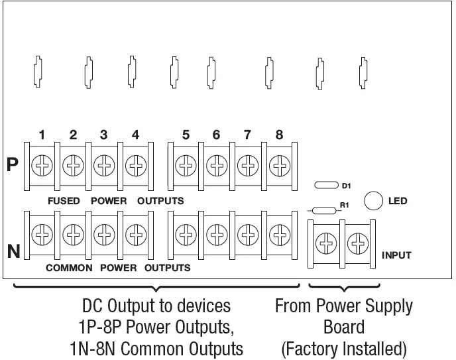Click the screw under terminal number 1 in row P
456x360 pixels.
coord(42,164)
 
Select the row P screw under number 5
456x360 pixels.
coord(186,164)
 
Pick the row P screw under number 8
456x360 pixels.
coord(279,164)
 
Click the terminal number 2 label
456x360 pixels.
coord(74,135)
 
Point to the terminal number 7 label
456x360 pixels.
coord(247,135)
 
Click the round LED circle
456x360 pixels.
coord(374,201)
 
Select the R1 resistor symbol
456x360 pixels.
coord(322,211)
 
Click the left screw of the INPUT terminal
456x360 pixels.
coord(325,245)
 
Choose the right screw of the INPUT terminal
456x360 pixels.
coord(357,245)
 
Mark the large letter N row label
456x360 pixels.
coord(13,251)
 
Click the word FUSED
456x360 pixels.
coord(64,200)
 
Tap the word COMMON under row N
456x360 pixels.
coord(68,269)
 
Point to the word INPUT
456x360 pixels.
coord(397,255)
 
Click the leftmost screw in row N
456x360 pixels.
coord(42,233)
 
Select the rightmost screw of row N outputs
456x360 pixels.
coord(279,233)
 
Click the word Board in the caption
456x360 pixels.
coord(344,328)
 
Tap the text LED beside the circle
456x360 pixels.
coord(398,201)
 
